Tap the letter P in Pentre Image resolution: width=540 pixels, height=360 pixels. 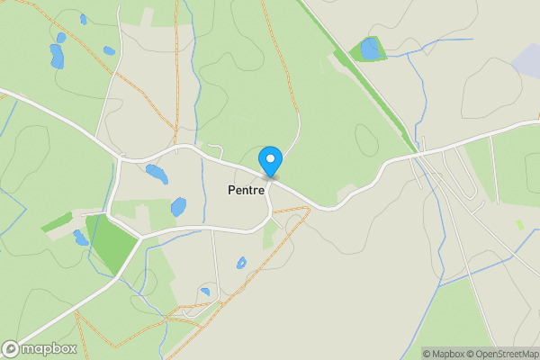231,191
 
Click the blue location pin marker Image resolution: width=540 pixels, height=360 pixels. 270,161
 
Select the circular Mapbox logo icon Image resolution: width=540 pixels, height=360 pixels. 11,349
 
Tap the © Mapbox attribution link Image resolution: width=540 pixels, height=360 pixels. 445,354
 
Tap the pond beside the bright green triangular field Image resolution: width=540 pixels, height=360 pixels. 81,238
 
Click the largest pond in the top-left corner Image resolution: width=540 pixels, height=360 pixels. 58,57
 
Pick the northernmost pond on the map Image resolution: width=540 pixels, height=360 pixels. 83,18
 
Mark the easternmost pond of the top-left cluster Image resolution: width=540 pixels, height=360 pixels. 109,50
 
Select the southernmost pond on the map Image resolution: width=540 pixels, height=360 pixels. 206,292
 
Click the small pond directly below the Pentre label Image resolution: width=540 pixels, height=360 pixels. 241,263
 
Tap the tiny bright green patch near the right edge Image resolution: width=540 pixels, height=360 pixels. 519,224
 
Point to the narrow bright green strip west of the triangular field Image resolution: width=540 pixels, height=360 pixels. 56,221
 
